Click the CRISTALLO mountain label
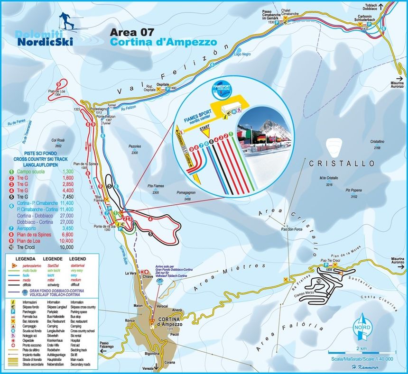(x=335, y=163)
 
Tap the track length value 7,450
(x=67, y=196)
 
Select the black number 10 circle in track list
(x=10, y=247)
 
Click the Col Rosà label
(x=58, y=141)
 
